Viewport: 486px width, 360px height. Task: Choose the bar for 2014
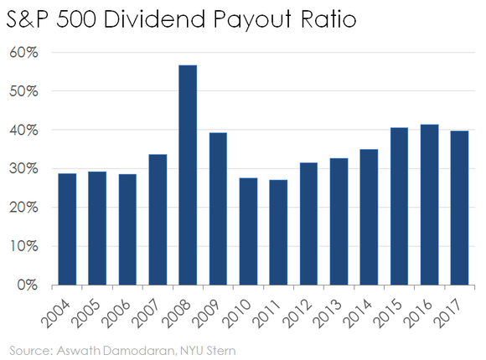369,217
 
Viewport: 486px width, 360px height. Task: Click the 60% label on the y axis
23,52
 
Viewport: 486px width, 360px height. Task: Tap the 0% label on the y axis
28,285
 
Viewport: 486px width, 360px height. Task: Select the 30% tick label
23,168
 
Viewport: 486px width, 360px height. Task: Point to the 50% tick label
23,90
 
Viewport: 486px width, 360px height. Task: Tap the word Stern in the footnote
217,346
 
